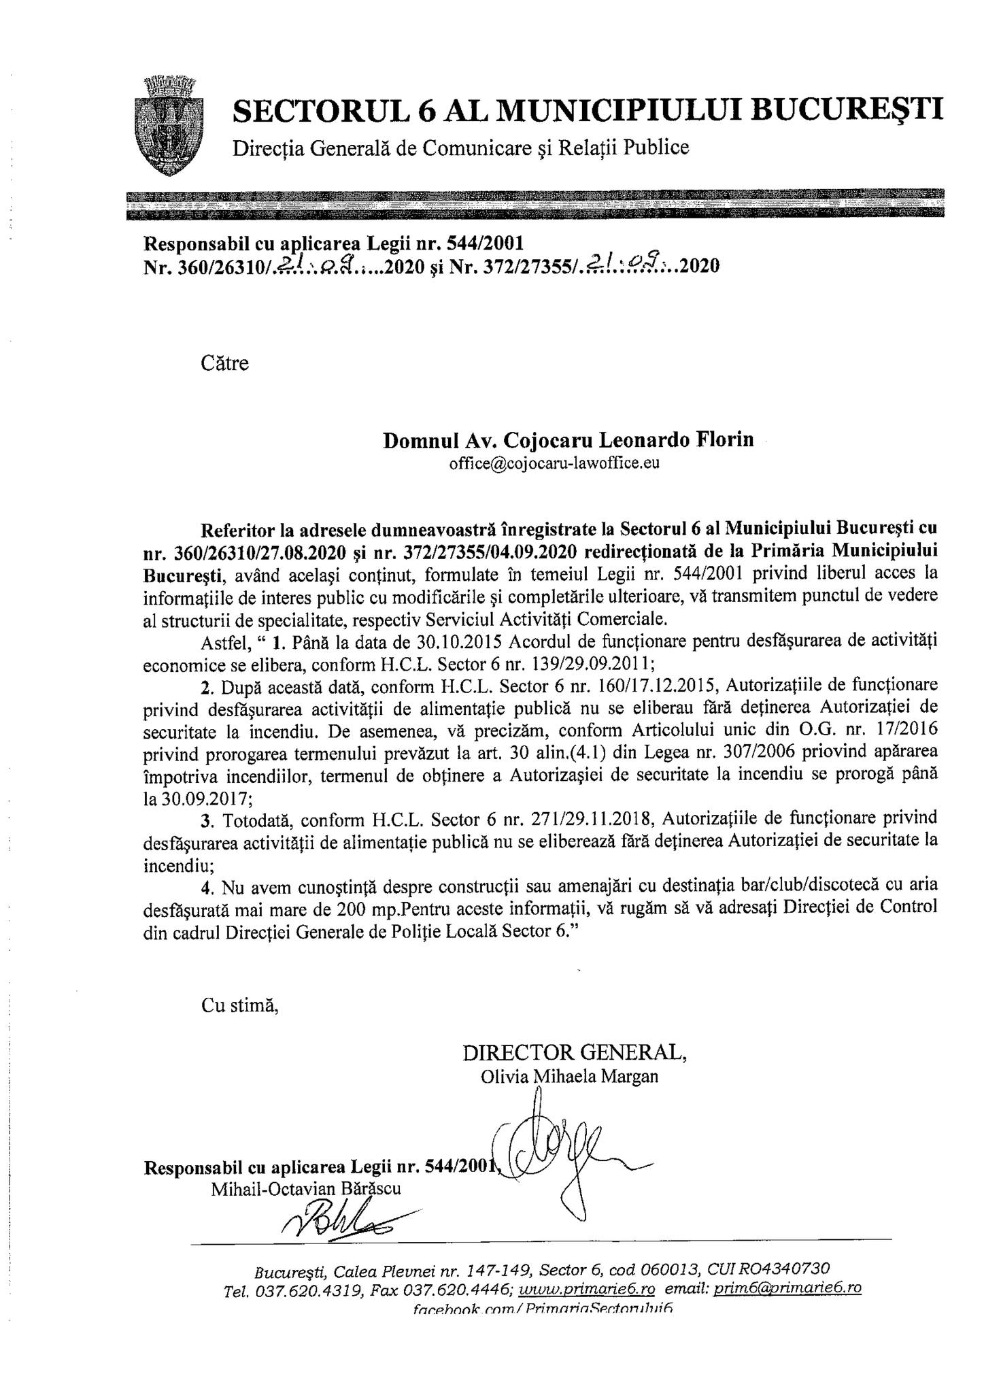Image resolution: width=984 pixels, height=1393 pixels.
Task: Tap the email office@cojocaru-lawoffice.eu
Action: click(554, 464)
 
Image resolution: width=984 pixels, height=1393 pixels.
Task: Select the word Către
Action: click(225, 363)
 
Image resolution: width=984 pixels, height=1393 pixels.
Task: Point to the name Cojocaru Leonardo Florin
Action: click(628, 439)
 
